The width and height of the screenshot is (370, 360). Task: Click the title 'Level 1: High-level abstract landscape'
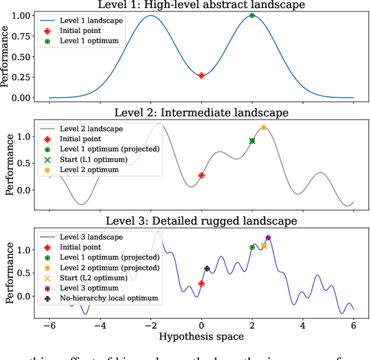click(x=201, y=5)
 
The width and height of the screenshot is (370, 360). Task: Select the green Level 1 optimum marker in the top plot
click(x=252, y=16)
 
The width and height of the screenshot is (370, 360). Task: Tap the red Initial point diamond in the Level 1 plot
click(x=201, y=75)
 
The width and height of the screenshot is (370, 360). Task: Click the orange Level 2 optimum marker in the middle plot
click(x=264, y=127)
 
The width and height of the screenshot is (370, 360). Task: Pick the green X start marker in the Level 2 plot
click(x=252, y=141)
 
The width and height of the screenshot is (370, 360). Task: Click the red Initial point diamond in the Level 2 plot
click(x=201, y=175)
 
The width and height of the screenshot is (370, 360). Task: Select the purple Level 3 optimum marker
click(x=268, y=237)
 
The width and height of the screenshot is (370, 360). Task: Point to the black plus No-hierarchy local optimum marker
click(x=207, y=269)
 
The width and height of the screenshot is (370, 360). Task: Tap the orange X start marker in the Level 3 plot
click(x=264, y=246)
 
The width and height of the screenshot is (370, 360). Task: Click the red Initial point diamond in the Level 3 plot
click(x=201, y=284)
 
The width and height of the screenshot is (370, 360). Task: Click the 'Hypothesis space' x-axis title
click(x=201, y=336)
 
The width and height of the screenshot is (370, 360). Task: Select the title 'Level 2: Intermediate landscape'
click(x=201, y=112)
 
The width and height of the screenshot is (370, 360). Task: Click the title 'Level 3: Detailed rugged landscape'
click(x=201, y=221)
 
